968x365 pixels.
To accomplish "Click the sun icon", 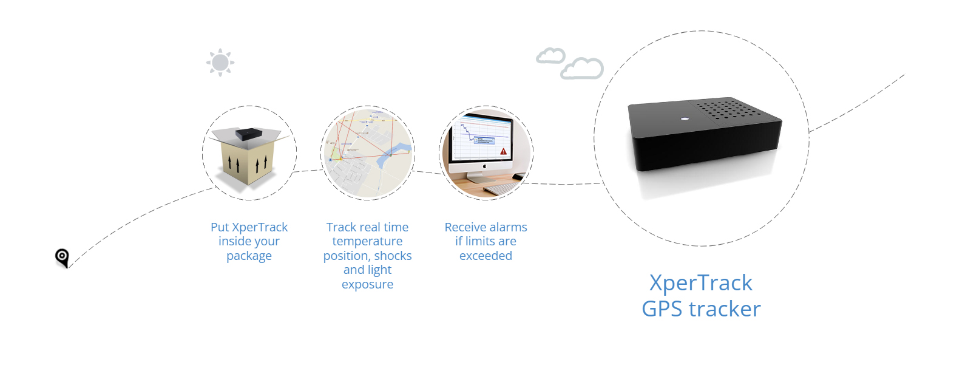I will (220, 63).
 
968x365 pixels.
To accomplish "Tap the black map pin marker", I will (62, 257).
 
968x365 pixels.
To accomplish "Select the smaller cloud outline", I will (550, 56).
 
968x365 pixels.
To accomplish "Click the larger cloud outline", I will (582, 69).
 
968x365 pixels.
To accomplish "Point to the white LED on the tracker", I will (685, 118).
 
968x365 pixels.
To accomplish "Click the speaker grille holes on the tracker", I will (726, 109).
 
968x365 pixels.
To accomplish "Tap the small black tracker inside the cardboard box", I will (249, 134).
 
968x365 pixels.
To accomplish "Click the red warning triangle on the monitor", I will (503, 151).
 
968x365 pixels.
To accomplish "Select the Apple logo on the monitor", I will (485, 165).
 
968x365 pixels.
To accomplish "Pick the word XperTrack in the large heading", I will (700, 283).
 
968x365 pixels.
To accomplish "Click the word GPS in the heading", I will (662, 309).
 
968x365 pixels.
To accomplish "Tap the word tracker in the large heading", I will (725, 309).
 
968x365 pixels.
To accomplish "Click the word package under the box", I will (249, 256).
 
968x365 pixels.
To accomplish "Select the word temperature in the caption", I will (367, 242).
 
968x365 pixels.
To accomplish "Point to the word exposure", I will (367, 285).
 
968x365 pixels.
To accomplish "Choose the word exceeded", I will (486, 256).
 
